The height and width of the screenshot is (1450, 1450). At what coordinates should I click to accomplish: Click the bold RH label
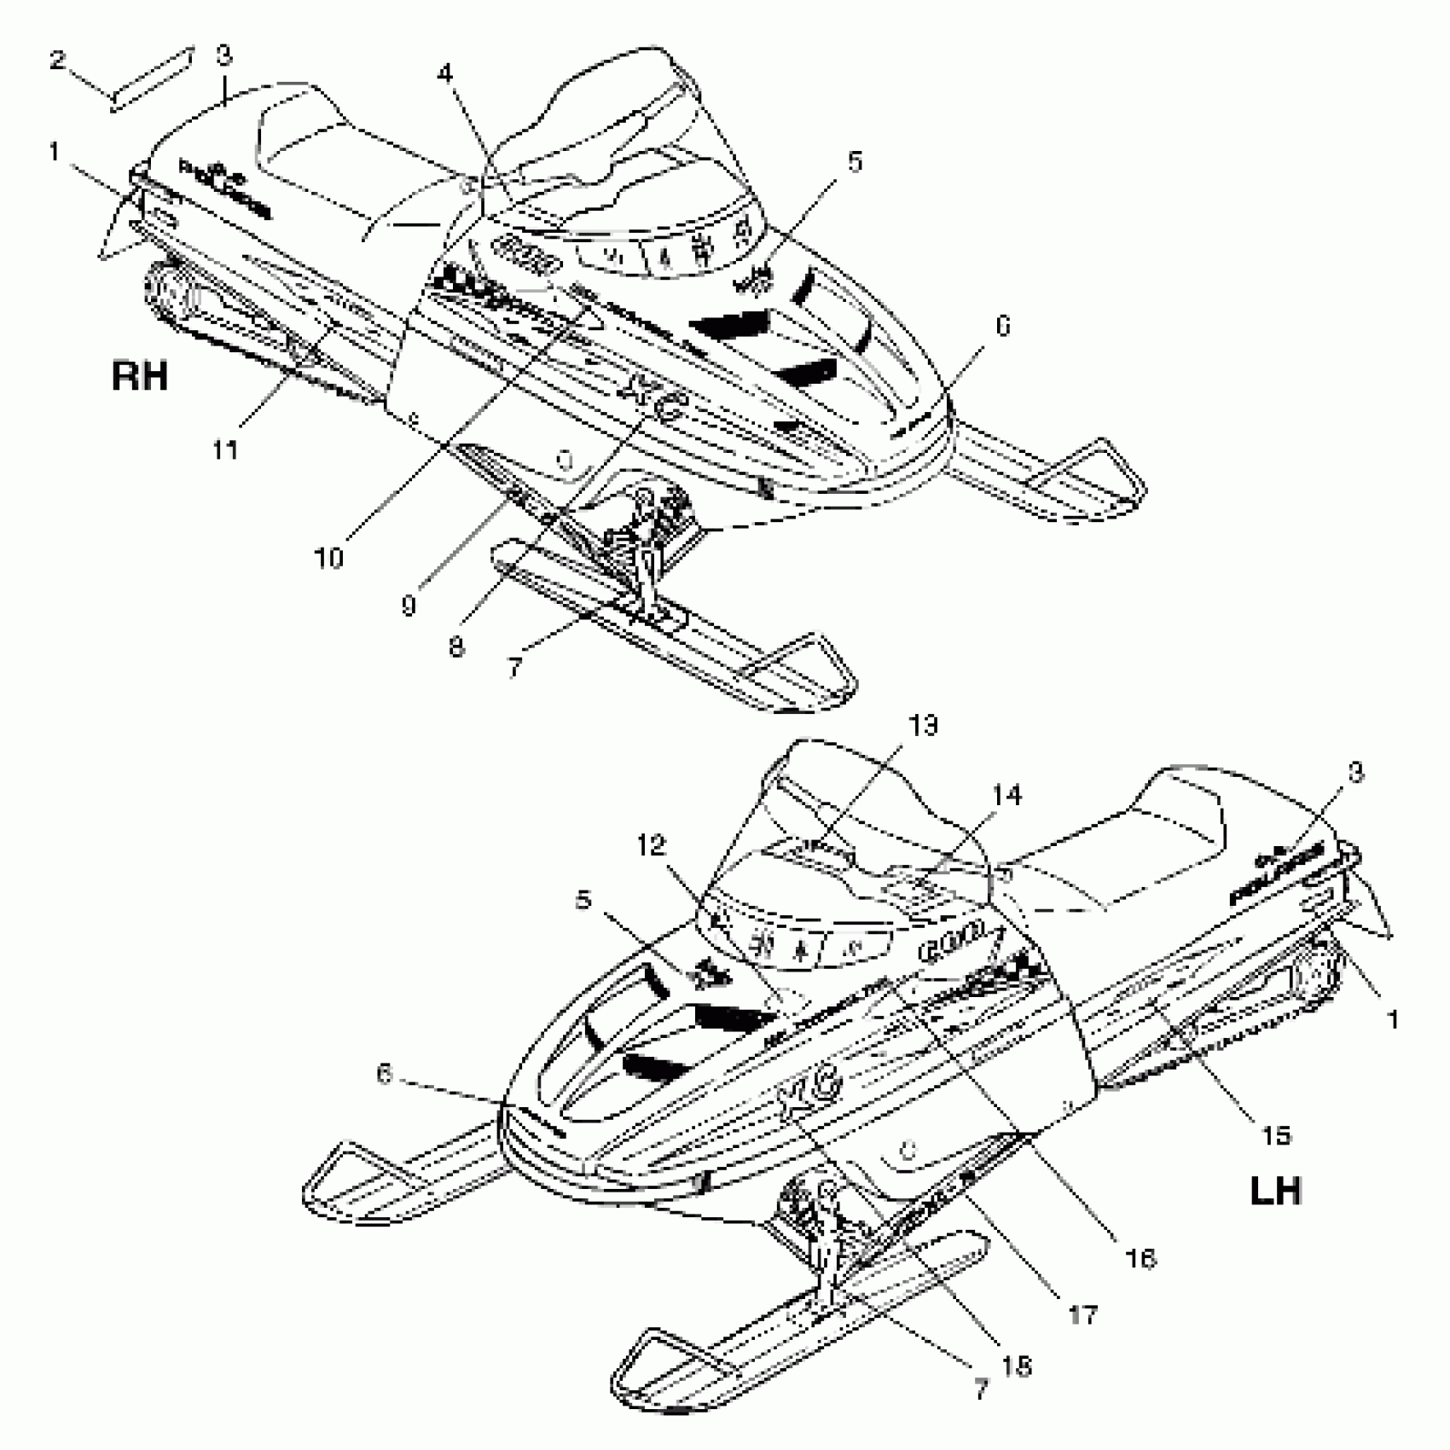click(140, 375)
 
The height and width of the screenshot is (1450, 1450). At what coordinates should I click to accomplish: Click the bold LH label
click(1276, 1191)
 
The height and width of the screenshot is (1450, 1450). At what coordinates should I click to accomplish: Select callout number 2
click(57, 61)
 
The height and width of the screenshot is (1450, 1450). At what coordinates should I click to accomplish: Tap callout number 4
click(445, 73)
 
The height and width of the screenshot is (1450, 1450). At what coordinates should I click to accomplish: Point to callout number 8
click(456, 647)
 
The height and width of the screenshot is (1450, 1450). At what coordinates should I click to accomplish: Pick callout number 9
click(409, 605)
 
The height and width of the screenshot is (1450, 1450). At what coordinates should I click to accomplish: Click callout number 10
click(328, 558)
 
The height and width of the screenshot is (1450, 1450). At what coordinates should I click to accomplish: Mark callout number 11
click(225, 449)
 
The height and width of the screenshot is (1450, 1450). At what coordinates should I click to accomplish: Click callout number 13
click(923, 726)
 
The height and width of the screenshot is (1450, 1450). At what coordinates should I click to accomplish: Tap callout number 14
click(1006, 795)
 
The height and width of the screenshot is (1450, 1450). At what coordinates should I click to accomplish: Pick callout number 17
click(1082, 1314)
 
